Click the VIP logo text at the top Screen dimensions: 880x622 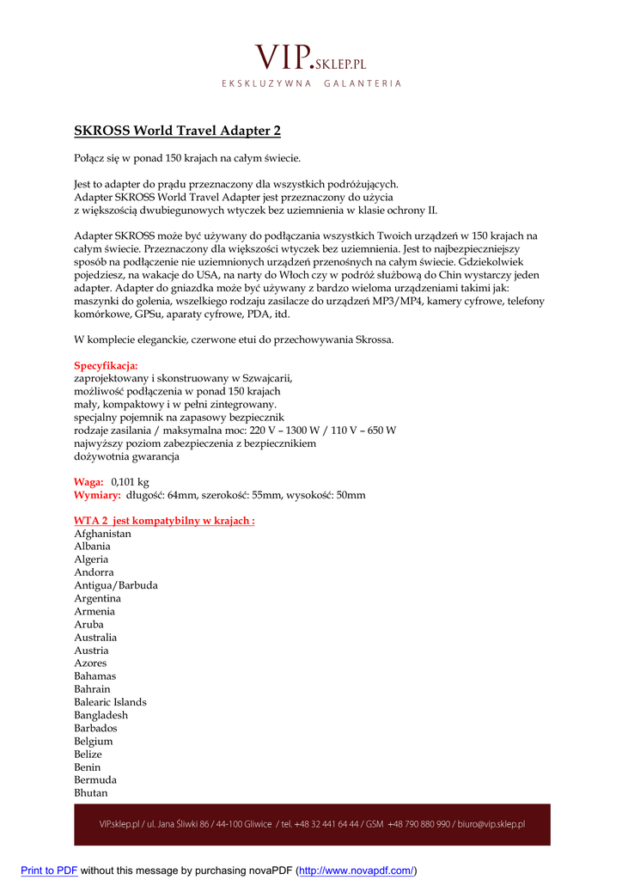310,58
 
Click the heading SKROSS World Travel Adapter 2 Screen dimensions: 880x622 177,131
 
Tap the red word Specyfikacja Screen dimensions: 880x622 106,365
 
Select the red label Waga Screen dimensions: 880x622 88,482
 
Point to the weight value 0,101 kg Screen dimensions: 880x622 131,482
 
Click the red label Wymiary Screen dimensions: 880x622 97,495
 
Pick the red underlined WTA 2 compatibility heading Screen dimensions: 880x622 164,521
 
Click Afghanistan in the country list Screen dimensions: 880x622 102,534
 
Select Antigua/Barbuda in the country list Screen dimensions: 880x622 116,585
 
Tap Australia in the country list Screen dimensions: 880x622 95,638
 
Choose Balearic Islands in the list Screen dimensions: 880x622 110,702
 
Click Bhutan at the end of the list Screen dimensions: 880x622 91,793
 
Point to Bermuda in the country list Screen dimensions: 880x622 95,780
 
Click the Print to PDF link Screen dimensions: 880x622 49,871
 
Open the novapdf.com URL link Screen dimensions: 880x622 357,871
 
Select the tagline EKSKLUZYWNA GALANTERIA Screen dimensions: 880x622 311,83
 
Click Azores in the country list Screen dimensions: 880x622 91,663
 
